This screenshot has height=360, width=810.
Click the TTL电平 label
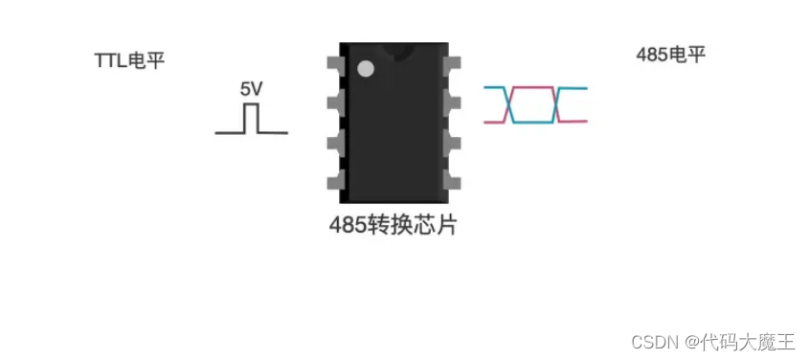pyautogui.click(x=129, y=59)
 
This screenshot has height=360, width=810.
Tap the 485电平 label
pyautogui.click(x=670, y=55)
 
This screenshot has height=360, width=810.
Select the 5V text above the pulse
pyautogui.click(x=251, y=89)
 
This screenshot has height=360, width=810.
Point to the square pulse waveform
pyautogui.click(x=251, y=121)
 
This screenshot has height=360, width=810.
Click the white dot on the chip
pyautogui.click(x=365, y=68)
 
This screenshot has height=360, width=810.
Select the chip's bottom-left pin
pyautogui.click(x=333, y=181)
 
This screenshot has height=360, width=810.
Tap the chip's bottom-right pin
pyautogui.click(x=452, y=181)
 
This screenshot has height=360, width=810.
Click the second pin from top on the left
pyautogui.click(x=333, y=102)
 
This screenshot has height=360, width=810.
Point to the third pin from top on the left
pyautogui.click(x=333, y=142)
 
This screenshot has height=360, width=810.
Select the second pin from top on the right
pyautogui.click(x=452, y=102)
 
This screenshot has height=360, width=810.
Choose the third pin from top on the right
pyautogui.click(x=452, y=142)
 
